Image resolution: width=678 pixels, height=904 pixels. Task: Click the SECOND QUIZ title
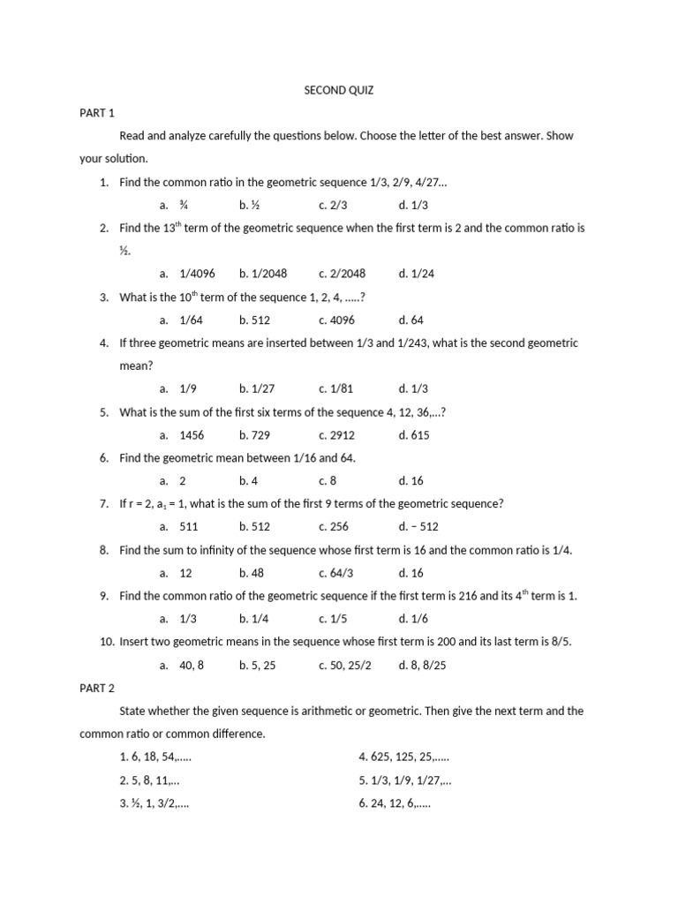339,90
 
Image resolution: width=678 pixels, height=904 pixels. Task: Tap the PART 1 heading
97,113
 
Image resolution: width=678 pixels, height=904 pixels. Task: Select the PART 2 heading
97,687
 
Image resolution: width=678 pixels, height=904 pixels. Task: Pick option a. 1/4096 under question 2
188,274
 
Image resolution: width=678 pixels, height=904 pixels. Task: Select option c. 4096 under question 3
336,320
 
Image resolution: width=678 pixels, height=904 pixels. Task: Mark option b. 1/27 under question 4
257,388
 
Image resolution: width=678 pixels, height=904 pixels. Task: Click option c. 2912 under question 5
336,434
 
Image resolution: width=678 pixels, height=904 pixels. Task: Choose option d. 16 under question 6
411,480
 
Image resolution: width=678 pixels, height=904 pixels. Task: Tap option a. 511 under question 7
182,526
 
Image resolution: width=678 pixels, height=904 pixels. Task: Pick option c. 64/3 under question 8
336,572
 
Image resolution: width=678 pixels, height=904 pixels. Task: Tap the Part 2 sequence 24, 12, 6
395,803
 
